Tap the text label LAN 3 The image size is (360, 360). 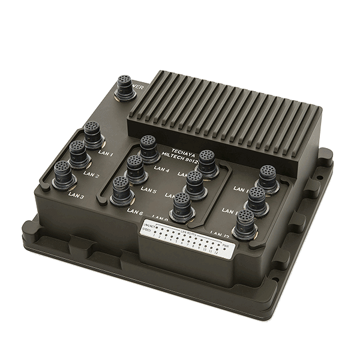coord(76,196)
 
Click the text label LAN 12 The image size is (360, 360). coord(220,233)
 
